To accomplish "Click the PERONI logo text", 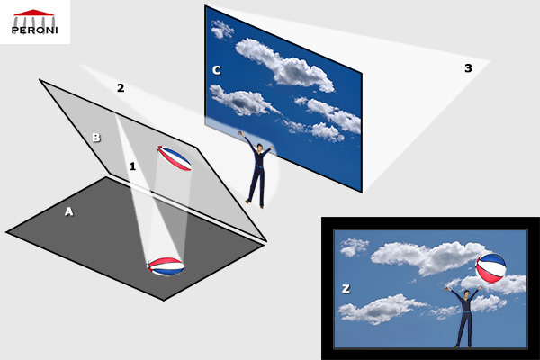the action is click(34, 30).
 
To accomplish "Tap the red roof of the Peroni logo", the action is click(34, 13).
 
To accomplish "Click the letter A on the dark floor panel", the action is click(69, 211).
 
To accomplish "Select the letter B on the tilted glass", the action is click(96, 138).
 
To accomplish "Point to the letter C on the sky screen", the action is click(216, 70).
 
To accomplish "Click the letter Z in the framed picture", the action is click(346, 288).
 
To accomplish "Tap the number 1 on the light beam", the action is click(132, 166).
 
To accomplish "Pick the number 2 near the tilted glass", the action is click(121, 88).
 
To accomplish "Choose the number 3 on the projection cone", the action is click(468, 68).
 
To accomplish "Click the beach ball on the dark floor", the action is click(166, 266).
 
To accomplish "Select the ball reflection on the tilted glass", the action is click(175, 158).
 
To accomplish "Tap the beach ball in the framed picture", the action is click(490, 268).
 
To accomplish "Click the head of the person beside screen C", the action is click(259, 147).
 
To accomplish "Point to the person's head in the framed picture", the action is click(466, 294).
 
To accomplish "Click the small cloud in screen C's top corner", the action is click(221, 30).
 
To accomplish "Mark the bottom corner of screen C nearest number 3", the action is click(362, 193).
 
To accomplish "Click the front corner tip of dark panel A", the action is click(164, 300).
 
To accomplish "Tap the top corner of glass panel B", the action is click(40, 80).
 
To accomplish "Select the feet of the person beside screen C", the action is click(255, 204).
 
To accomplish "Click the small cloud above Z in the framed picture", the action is click(354, 247).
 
